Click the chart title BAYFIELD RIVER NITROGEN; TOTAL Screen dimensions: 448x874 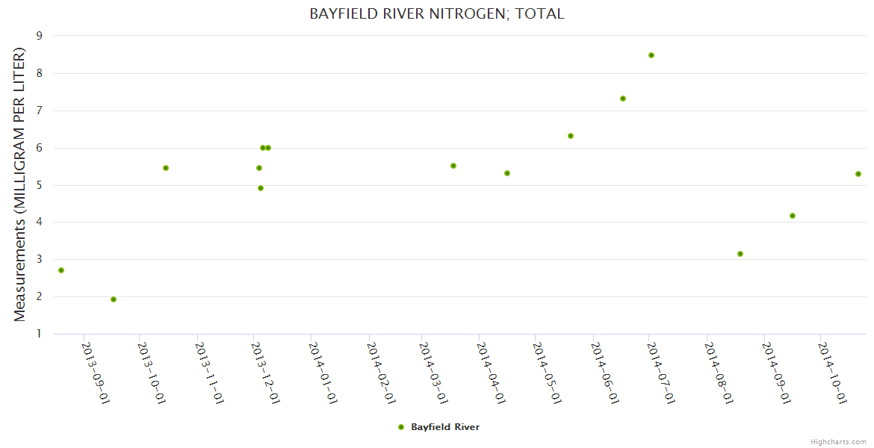(x=436, y=13)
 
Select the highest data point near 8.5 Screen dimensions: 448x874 (x=651, y=55)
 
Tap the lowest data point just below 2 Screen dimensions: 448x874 (x=114, y=299)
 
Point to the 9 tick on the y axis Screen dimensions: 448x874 (x=39, y=35)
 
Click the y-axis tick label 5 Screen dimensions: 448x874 (x=39, y=185)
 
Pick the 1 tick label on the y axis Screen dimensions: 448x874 (x=39, y=334)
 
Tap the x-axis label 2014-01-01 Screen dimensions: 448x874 (x=323, y=373)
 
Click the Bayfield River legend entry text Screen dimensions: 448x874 (x=445, y=427)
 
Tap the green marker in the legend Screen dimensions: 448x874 (x=401, y=427)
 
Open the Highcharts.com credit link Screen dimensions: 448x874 (x=838, y=441)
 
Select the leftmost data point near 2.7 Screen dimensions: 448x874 (x=61, y=270)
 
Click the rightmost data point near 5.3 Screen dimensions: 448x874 (x=858, y=174)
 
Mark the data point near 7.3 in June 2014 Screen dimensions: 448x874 (x=623, y=99)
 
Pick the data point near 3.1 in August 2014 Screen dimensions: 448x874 (x=740, y=254)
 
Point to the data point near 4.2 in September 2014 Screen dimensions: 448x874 (x=793, y=216)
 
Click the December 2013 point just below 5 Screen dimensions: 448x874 (x=261, y=188)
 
